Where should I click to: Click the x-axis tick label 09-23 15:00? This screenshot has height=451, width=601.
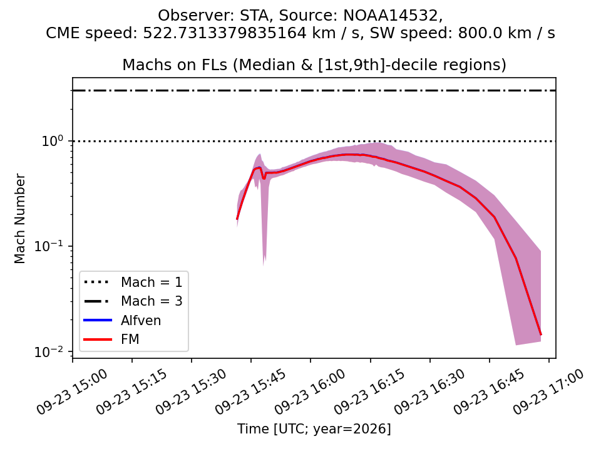[x=72, y=391]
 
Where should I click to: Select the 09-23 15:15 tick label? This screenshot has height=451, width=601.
[x=131, y=391]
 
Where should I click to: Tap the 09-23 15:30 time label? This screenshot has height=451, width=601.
[x=191, y=391]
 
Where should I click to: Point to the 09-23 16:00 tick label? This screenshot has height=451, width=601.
[x=310, y=391]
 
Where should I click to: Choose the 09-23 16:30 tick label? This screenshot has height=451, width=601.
[x=429, y=391]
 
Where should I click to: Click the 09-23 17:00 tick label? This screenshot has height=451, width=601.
[x=548, y=391]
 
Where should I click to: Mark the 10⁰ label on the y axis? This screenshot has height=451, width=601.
[x=52, y=141]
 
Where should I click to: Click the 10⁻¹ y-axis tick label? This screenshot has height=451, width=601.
[x=48, y=246]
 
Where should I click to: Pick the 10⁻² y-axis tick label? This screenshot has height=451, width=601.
[x=48, y=351]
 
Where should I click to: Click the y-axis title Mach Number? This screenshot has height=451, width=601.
[x=19, y=219]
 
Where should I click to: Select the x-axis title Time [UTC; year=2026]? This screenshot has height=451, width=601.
[x=314, y=428]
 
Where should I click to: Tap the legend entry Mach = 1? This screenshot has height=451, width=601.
[x=133, y=283]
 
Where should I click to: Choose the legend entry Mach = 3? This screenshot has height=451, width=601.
[x=133, y=301]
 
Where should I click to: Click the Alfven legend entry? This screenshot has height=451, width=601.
[x=122, y=320]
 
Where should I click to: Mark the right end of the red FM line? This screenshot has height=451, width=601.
[x=541, y=334]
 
